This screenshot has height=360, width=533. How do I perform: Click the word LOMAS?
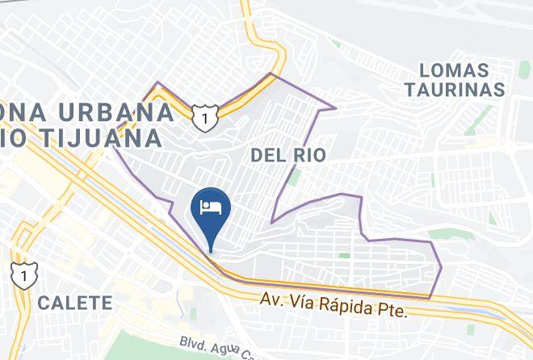click(459, 70)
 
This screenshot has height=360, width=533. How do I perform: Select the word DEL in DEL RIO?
click(267, 155)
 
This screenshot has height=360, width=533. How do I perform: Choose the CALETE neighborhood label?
click(73, 303)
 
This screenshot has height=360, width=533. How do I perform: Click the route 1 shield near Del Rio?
click(204, 118)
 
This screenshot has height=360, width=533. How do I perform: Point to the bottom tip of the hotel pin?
click(211, 249)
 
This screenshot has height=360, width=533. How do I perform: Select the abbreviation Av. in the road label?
click(271, 299)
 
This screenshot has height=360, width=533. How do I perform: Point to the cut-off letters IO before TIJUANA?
click(8, 137)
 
